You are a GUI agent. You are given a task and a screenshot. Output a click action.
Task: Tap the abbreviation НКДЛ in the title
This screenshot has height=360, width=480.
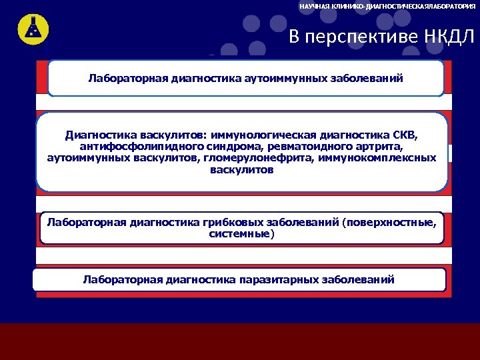(x=449, y=37)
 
